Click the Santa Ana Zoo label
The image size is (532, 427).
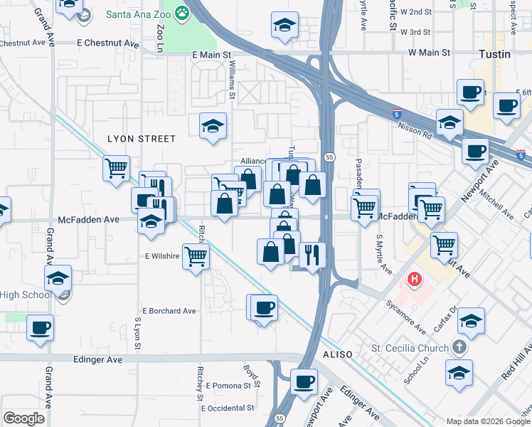138,13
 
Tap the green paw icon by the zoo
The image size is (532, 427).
183,12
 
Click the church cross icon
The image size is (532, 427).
459,348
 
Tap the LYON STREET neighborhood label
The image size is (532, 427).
140,139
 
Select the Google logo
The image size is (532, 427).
23,418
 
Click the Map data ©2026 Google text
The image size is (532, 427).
486,421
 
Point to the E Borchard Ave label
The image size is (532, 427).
169,311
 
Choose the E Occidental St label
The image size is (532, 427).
228,408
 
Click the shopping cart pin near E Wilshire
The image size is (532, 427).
196,255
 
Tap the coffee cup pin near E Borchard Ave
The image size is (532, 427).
264,307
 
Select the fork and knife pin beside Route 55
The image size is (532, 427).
312,254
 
